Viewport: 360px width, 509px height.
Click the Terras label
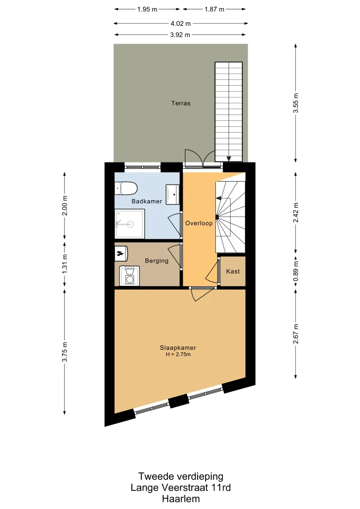coord(181,103)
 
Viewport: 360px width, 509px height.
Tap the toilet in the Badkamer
coord(126,188)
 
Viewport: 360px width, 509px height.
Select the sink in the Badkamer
coord(173,195)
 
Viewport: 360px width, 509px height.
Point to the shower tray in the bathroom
coord(130,224)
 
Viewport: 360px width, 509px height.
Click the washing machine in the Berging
coord(129,276)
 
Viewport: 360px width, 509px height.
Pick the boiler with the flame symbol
coord(121,253)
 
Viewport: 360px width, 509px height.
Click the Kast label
coord(233,271)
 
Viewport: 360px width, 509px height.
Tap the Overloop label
coord(199,223)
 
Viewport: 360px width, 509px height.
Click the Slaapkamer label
coord(178,348)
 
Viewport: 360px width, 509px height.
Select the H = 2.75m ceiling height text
coord(178,354)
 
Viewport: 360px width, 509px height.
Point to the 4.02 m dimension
coord(181,23)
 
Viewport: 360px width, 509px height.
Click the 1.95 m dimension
coord(147,9)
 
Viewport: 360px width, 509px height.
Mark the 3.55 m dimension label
coord(296,103)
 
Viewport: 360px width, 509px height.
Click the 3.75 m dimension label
coord(65,352)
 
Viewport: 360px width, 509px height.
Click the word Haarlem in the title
coord(181,499)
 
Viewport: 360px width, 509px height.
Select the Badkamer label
coord(147,201)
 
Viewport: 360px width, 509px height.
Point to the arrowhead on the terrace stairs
coord(229,159)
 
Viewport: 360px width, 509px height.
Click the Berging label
coord(157,260)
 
